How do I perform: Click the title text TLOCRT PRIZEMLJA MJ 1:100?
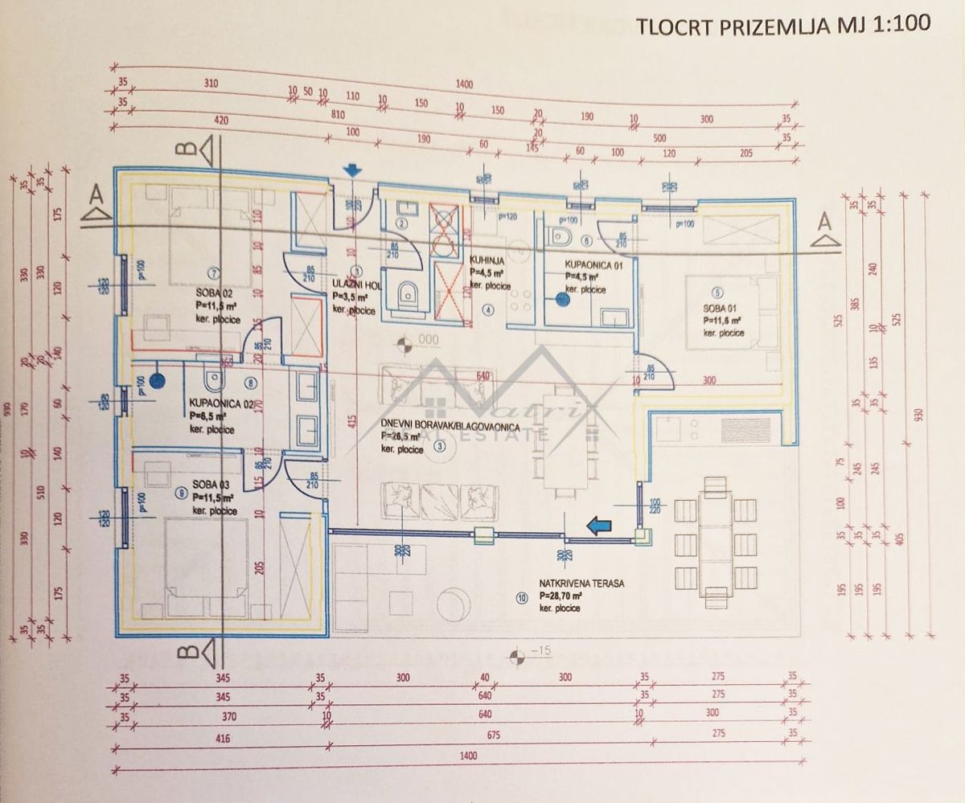tap(783, 24)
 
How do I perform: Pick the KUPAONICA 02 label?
tap(224, 404)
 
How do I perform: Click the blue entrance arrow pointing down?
tap(351, 170)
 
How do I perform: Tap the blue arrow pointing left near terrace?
tap(598, 526)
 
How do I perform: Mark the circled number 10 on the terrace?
tap(523, 596)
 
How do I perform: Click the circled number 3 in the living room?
tap(439, 446)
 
